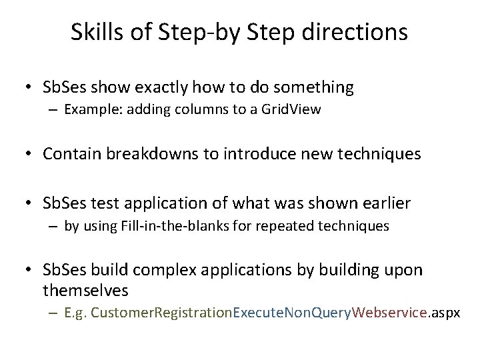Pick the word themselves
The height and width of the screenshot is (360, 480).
(85, 291)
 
